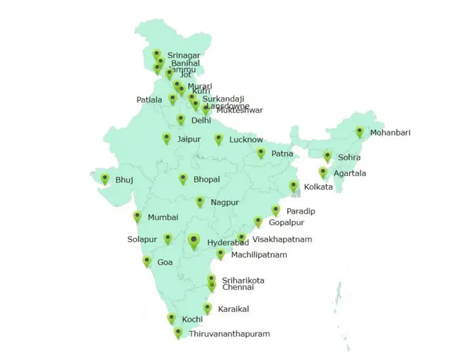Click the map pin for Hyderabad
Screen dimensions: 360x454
tap(194, 241)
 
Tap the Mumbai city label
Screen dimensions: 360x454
tap(162, 217)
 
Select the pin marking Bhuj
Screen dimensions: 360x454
tap(105, 179)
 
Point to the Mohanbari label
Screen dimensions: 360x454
tap(390, 133)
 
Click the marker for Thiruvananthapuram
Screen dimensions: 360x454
tap(178, 332)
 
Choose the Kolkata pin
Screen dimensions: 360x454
tap(293, 187)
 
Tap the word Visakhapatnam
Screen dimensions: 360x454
tap(282, 240)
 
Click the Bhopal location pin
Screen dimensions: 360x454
tap(183, 179)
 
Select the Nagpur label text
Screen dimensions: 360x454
tap(225, 203)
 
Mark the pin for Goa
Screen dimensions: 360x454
tap(147, 261)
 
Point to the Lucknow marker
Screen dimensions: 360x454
tap(218, 139)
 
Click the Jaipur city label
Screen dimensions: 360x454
tap(189, 139)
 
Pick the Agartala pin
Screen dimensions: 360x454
tap(323, 173)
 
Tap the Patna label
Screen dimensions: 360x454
tap(282, 153)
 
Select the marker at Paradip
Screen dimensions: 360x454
tap(276, 210)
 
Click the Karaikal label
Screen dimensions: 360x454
tap(233, 310)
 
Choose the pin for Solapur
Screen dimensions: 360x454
tap(168, 239)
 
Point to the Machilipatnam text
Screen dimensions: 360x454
tap(259, 255)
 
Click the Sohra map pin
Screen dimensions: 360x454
tap(328, 156)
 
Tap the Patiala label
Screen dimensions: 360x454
tap(149, 100)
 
